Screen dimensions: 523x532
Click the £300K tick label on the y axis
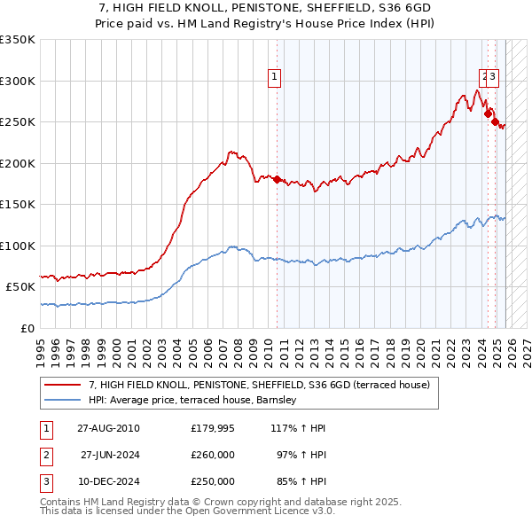18,81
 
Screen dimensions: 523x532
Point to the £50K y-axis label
21,287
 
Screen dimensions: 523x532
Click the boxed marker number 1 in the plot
276,78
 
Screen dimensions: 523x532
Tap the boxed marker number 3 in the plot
493,78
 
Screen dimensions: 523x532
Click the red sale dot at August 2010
277,180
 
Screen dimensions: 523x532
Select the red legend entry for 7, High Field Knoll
259,385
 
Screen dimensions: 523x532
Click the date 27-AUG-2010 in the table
109,428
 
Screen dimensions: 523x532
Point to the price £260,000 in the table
213,455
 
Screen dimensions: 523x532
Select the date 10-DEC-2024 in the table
109,481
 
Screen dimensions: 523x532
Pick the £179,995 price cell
213,428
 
